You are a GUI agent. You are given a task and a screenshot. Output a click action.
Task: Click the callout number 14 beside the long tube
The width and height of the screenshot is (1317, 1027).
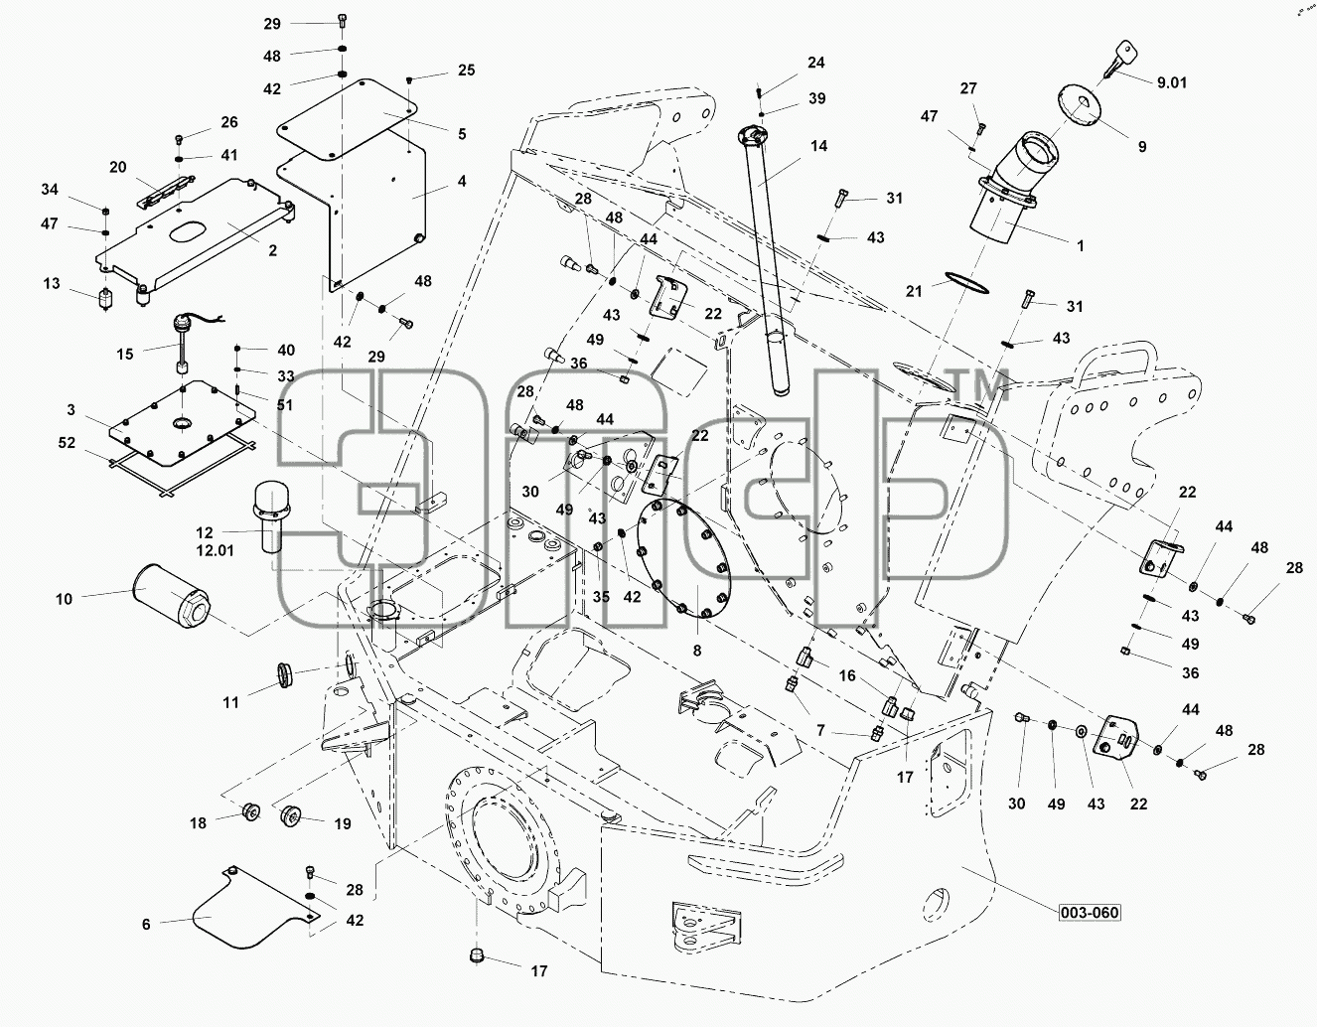pos(818,146)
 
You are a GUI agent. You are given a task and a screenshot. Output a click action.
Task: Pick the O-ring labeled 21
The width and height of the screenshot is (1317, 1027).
pos(966,282)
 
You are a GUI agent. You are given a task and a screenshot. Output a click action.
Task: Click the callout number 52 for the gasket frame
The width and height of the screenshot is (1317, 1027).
pos(67,443)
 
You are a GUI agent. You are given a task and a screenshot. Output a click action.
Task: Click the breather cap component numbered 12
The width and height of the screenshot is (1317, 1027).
pos(271,515)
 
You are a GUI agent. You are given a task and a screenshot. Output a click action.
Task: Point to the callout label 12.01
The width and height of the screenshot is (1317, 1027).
pos(215,551)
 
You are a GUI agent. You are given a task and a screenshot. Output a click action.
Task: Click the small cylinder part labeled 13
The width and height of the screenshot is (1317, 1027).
pos(106,298)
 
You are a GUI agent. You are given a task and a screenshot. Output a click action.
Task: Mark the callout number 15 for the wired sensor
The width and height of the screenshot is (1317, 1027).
pos(125,354)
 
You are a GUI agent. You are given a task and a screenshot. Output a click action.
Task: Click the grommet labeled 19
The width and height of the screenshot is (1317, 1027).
pos(292,814)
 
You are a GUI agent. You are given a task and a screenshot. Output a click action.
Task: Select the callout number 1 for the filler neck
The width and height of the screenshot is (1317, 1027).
pos(1080,246)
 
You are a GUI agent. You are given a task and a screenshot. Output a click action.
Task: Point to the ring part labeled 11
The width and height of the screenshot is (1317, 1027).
pos(285,674)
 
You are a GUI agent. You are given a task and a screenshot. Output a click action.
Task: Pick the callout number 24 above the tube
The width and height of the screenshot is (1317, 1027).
pos(815,63)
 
